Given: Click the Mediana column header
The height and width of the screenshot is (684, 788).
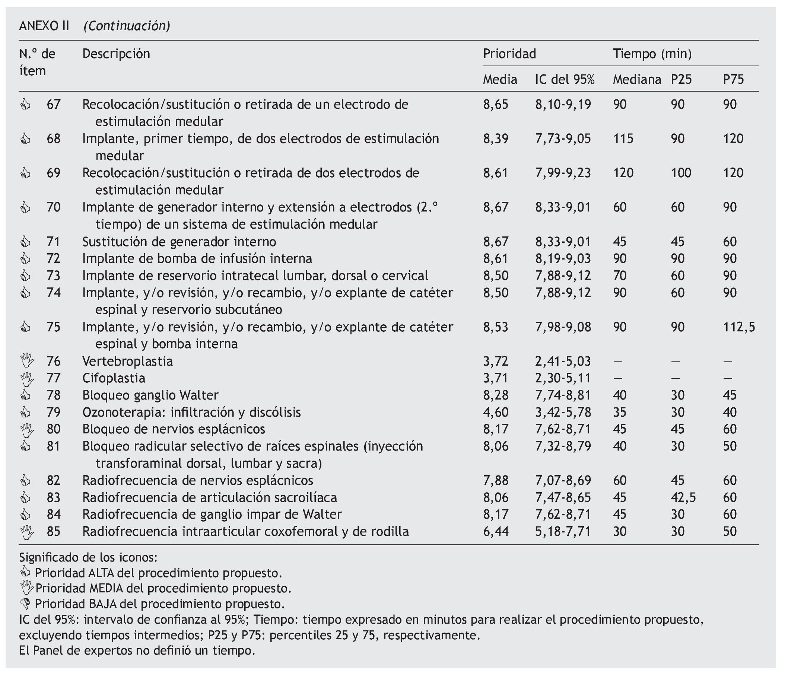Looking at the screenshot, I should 637,79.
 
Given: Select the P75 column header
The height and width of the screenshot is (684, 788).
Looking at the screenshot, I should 733,79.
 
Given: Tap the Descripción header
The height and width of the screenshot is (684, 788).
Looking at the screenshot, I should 116,54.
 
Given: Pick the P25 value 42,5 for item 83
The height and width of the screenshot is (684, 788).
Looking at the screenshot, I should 683,497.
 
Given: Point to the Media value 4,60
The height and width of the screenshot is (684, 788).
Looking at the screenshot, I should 496,412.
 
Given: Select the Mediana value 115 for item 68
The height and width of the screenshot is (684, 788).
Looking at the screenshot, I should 623,139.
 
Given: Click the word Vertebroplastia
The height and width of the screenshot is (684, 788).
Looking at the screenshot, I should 127,361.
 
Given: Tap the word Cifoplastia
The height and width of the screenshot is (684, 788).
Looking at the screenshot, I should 114,378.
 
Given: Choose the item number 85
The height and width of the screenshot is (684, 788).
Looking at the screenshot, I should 54,531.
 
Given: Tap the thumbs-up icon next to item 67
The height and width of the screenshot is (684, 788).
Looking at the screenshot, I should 25,105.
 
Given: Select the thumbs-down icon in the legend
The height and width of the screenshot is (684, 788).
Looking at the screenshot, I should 25,604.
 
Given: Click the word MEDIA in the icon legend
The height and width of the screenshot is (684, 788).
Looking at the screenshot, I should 106,588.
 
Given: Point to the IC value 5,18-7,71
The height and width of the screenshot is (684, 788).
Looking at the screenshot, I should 563,531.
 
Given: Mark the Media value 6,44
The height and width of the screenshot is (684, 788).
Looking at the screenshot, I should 496,531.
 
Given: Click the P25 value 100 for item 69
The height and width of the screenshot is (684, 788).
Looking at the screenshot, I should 681,173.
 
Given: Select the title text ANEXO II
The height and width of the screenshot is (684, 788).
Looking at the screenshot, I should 44,26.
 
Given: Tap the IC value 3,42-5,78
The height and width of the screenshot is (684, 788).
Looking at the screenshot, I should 563,412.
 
